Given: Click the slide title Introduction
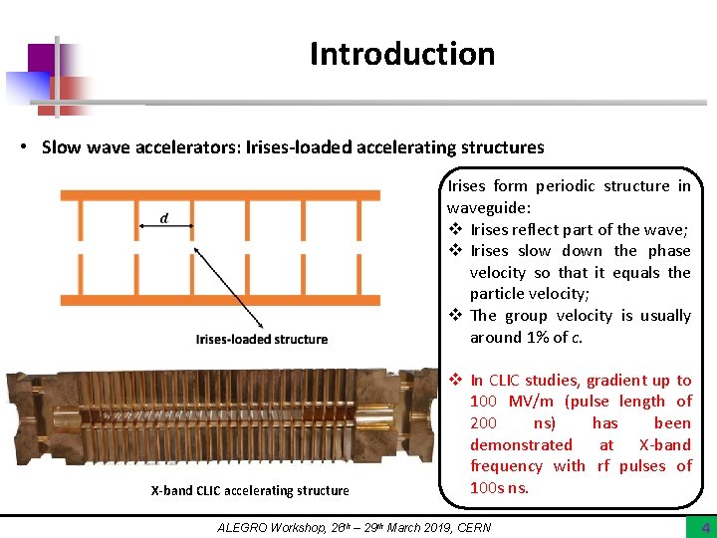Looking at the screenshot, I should click(401, 54).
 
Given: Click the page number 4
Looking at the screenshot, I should click(705, 527).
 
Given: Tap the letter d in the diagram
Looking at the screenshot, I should click(164, 218).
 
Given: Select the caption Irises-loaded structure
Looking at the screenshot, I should click(262, 339).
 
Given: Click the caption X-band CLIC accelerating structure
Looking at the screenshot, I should click(250, 490).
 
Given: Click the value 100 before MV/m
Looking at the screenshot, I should click(486, 402).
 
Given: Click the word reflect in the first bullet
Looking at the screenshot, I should click(538, 229).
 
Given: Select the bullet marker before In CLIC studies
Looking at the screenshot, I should click(454, 380).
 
